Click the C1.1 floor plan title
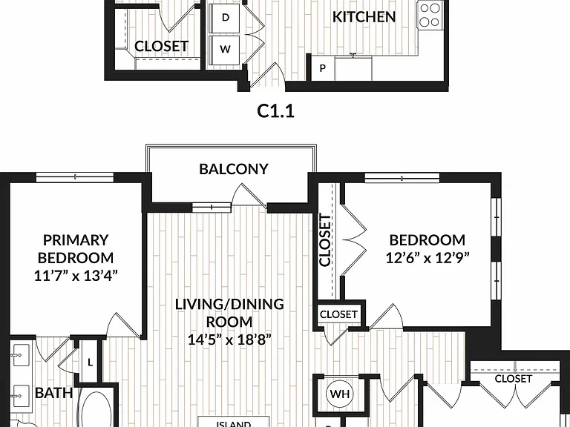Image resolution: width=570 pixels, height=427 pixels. coord(275,111)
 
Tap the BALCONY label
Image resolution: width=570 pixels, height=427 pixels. coord(234,169)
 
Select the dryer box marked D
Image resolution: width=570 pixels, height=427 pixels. coord(225,18)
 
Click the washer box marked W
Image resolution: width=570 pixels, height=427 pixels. coord(225,50)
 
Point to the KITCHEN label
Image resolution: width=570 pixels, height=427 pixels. coord(364,17)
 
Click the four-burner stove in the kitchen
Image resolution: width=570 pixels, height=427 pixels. coord(429,16)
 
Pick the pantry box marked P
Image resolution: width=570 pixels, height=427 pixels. coord(322,68)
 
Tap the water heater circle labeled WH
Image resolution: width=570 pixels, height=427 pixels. coord(340,394)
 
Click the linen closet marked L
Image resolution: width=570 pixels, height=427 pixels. coord(90,362)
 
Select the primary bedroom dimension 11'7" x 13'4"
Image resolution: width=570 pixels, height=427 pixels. coord(76,277)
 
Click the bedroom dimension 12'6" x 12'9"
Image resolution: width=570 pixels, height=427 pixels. coord(427,258)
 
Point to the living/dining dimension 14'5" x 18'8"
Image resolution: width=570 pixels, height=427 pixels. coord(229,340)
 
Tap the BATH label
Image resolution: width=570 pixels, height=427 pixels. coord(53,393)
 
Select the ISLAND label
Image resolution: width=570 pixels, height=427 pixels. coord(234,424)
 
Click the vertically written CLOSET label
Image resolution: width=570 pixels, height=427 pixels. coord(325,240)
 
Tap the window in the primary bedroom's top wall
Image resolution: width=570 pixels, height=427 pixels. coord(75,177)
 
